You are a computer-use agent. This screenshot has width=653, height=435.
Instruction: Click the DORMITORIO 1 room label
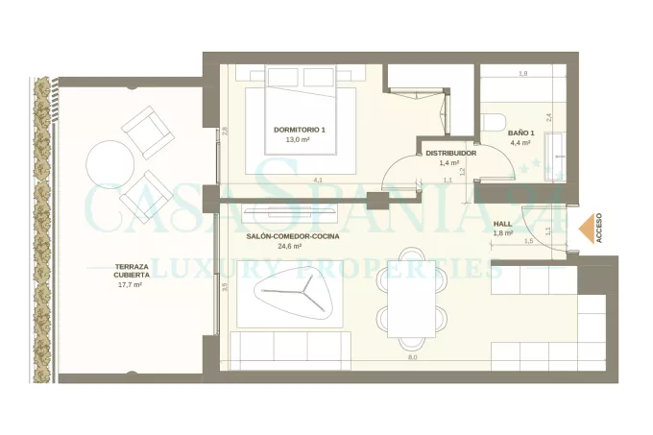[300, 130]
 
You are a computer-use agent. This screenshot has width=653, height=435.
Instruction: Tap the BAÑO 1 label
[521, 133]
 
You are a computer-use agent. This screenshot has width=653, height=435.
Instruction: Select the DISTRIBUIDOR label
[451, 154]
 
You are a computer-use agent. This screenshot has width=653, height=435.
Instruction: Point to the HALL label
[502, 224]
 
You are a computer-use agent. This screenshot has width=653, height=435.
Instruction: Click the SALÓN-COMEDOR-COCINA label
[293, 236]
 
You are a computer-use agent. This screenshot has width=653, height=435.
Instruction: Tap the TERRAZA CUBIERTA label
[132, 271]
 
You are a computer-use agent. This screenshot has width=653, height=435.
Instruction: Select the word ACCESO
[599, 229]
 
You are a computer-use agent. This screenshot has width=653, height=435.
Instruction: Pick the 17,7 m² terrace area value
[130, 285]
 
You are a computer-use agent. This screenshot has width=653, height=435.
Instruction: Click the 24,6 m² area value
[290, 246]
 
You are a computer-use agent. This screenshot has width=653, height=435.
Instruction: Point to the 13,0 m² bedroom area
[298, 140]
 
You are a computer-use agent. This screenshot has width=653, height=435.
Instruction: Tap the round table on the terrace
[110, 165]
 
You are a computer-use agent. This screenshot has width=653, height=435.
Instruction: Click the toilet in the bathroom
[494, 122]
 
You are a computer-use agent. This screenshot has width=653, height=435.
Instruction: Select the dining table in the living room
[412, 299]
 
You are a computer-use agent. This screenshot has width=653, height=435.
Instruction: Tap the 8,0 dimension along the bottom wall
[413, 357]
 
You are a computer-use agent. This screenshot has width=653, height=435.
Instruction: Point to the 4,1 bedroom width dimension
[318, 181]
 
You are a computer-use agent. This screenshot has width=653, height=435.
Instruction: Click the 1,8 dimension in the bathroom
[523, 74]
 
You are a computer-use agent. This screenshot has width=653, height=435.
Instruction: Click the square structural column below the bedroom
[377, 201]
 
